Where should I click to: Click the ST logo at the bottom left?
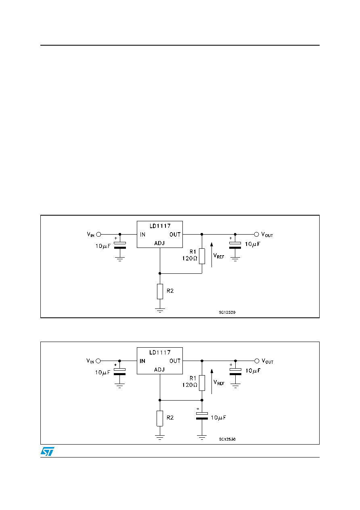47,451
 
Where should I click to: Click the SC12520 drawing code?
227,313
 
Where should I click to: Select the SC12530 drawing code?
227,439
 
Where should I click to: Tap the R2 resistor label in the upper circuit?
170,291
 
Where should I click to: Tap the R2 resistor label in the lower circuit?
170,418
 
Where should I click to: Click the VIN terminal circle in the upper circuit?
98,234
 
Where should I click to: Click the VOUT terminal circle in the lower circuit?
257,361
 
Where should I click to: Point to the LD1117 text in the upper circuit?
160,226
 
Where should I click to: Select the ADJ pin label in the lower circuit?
159,369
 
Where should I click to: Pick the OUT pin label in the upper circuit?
175,235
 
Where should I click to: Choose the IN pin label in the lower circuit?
142,361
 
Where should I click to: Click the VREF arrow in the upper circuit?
211,255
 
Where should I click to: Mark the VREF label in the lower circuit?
219,382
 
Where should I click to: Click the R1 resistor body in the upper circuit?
202,256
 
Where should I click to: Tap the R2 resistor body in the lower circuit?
160,418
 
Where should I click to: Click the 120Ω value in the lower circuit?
190,385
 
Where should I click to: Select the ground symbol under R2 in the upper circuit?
160,311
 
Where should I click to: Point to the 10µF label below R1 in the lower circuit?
218,418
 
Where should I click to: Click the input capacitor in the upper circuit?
120,246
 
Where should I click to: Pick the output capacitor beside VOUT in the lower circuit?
236,372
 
